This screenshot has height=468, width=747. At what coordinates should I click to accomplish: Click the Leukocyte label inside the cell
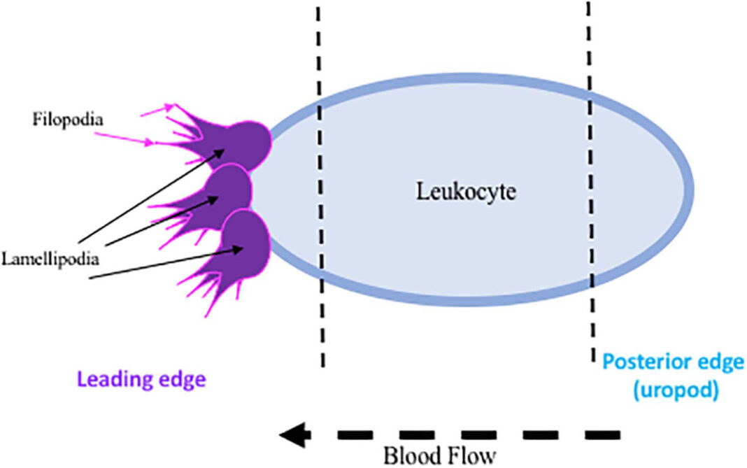coord(466,191)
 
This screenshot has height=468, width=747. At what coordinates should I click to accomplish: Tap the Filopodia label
coord(67,120)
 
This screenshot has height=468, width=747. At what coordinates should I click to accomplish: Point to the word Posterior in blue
coord(637,364)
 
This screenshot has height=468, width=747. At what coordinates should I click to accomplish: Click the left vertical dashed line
coord(320,189)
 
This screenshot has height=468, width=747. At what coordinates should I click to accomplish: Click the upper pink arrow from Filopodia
coord(157,109)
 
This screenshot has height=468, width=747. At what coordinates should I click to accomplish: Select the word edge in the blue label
coord(700,364)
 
